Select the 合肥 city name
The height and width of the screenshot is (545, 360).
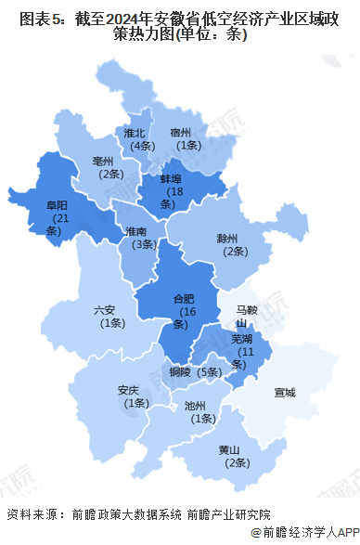(x=186, y=298)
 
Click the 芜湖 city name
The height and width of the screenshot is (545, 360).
(x=243, y=340)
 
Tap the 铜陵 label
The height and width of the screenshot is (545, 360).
(x=180, y=371)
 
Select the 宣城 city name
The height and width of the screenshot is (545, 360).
(x=285, y=393)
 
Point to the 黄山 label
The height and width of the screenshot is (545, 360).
(x=231, y=450)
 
